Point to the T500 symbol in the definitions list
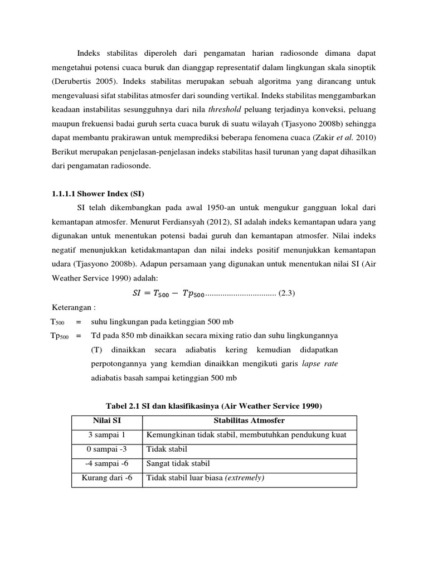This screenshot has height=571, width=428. tap(58, 322)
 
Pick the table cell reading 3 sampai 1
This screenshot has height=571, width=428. tap(107, 435)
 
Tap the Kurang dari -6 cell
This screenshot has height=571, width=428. tap(107, 478)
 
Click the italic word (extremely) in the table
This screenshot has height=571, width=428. tap(245, 478)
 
